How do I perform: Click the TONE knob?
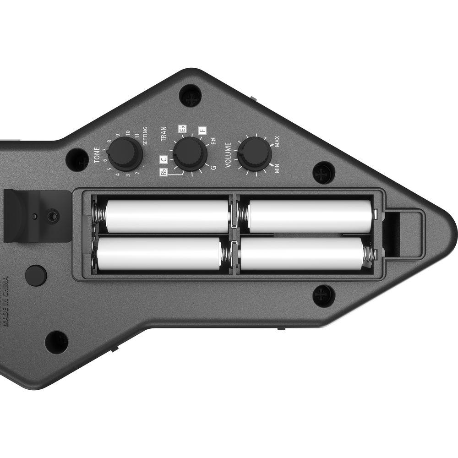(x=125, y=153)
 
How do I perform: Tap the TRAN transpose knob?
(x=189, y=153)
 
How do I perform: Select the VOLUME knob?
(x=254, y=153)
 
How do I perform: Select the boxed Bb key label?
(x=164, y=172)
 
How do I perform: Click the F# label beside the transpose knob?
(x=213, y=142)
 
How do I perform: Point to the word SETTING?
(x=145, y=136)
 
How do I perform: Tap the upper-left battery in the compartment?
(x=167, y=216)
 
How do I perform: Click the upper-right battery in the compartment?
(x=310, y=216)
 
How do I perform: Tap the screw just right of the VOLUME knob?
(x=324, y=173)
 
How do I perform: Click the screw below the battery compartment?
(x=324, y=295)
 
